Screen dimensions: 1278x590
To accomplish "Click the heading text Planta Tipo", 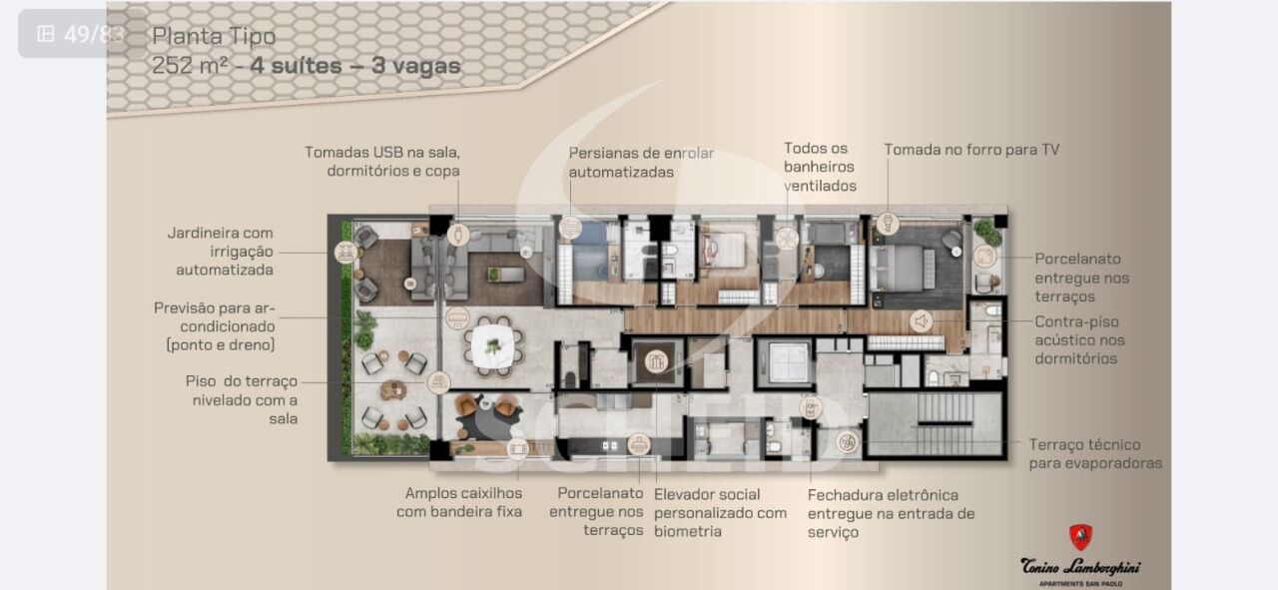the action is (214, 37).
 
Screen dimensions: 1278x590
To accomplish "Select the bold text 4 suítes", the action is (297, 66).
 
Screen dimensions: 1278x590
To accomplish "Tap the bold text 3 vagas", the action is (416, 66).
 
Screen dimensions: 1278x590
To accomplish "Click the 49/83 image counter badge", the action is (82, 34).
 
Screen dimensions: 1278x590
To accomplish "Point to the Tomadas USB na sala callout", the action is (382, 162).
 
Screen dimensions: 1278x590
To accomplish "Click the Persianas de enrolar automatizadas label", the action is (641, 163).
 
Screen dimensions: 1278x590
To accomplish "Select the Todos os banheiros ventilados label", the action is (820, 167).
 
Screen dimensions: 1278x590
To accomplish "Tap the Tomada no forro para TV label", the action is (971, 150).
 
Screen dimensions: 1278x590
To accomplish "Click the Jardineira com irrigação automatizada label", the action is (221, 251).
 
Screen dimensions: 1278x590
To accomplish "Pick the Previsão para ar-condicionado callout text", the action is (215, 326).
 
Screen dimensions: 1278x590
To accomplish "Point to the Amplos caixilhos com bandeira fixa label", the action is (459, 502).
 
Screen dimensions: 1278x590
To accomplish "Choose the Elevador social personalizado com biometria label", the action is (720, 513).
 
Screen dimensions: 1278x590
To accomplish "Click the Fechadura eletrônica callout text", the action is (891, 513).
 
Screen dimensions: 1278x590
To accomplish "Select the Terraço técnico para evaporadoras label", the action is (1095, 453).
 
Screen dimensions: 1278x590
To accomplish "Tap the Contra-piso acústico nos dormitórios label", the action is (1079, 340).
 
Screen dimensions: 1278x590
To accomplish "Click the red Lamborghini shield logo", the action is (1080, 537).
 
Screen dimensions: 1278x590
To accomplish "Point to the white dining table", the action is (493, 346).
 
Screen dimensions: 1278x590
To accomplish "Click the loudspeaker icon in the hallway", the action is (921, 321).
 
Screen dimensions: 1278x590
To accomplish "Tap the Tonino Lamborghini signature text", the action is (1080, 567).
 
